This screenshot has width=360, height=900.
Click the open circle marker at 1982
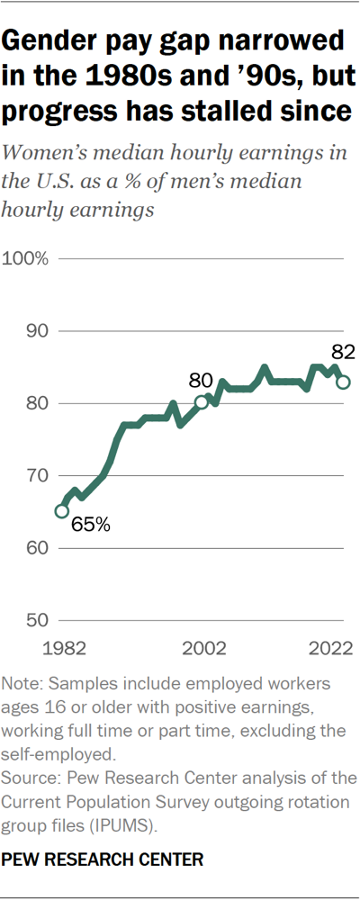(61, 511)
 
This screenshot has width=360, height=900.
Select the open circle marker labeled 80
(202, 402)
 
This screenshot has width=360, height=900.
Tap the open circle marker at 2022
(343, 382)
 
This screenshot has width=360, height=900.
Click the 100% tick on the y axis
(29, 259)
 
